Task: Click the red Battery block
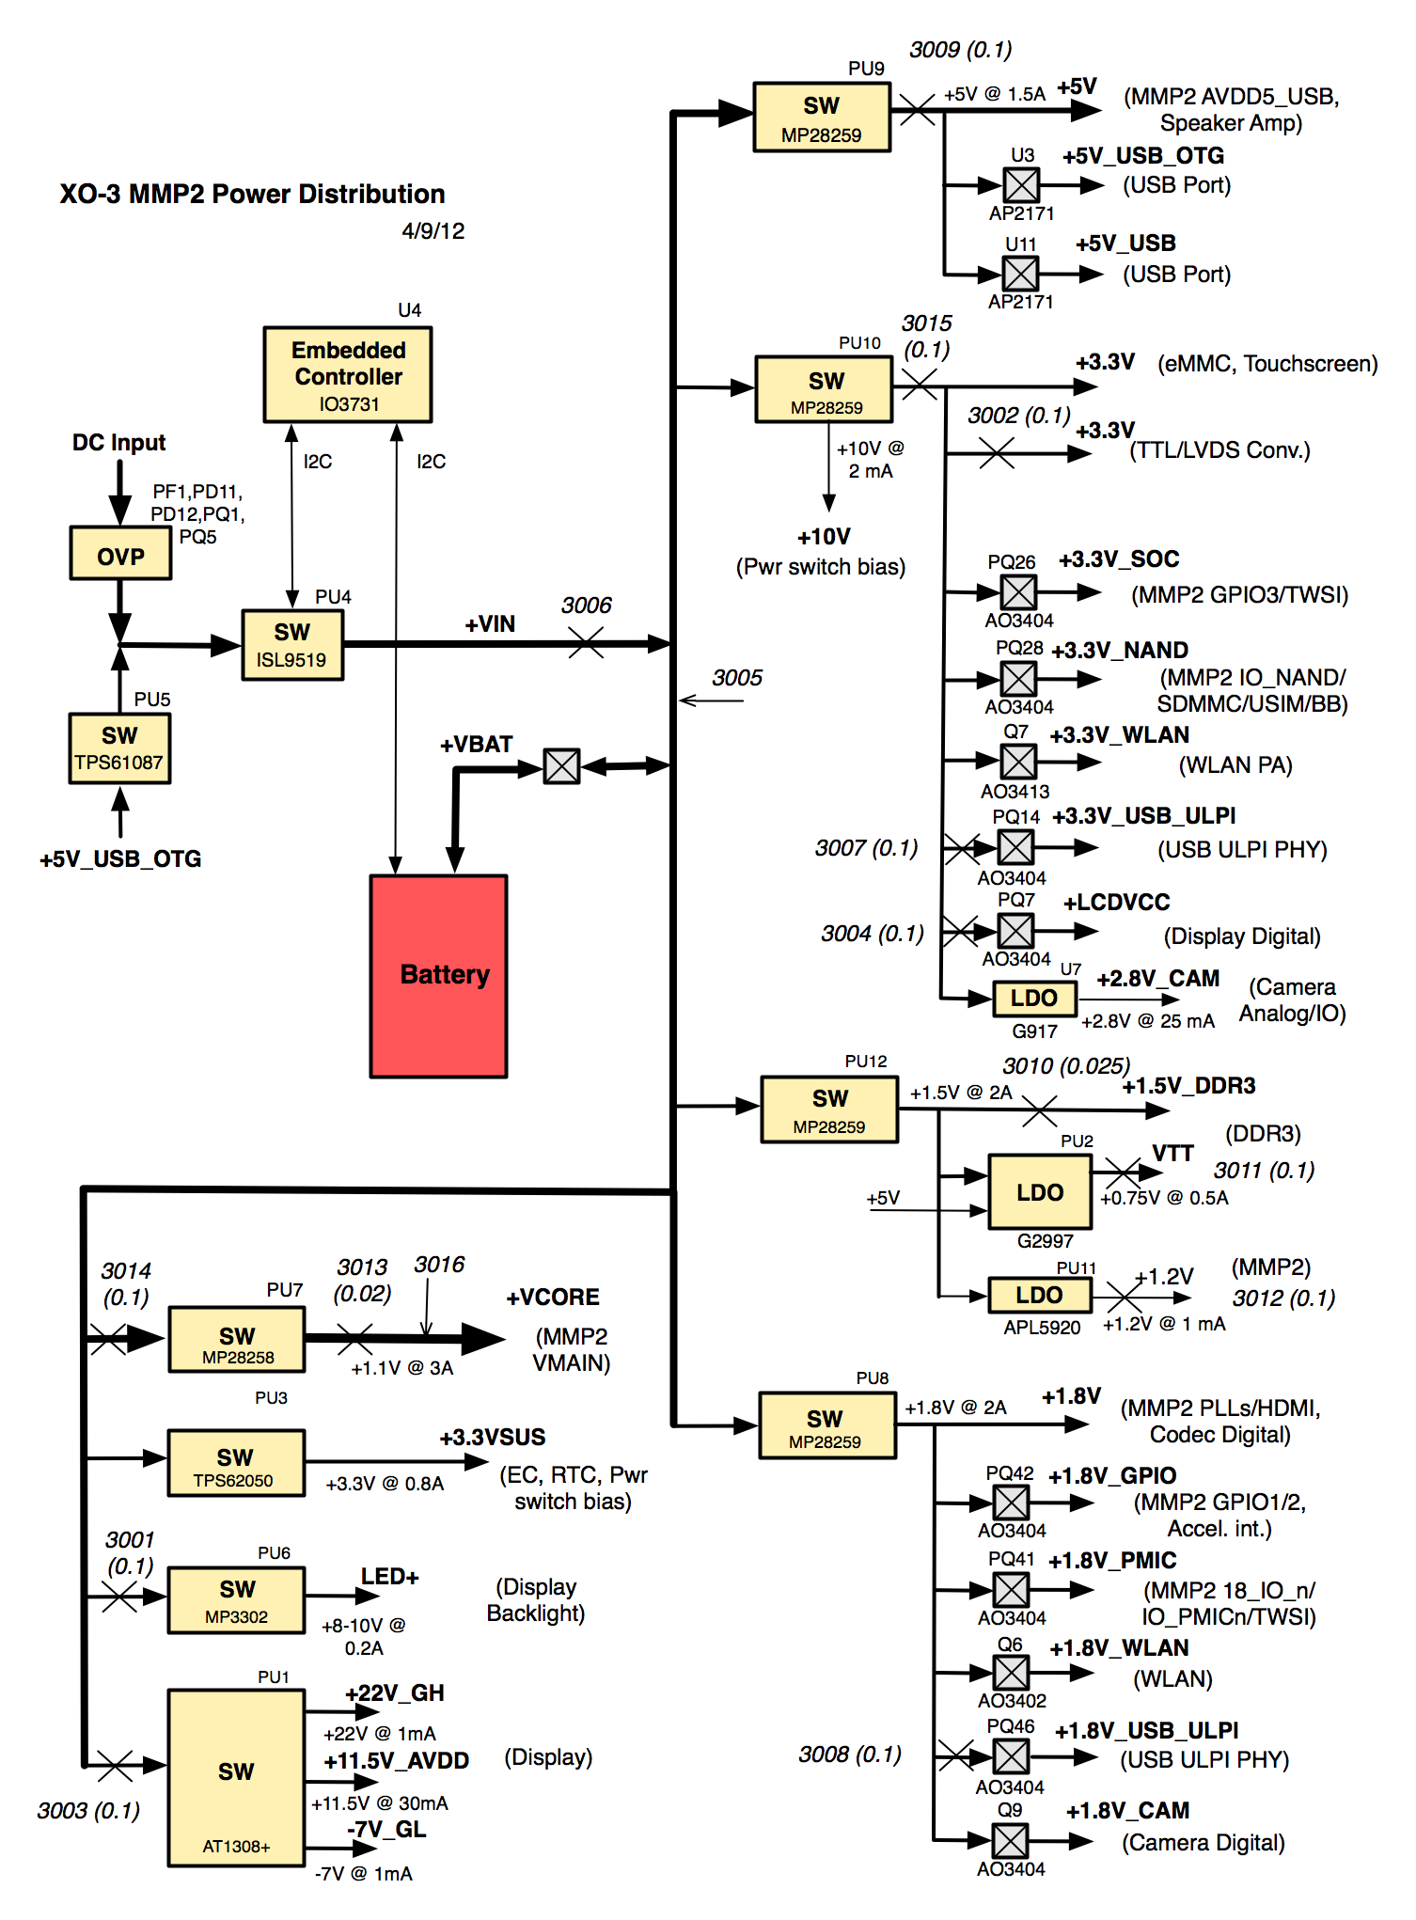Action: click(438, 976)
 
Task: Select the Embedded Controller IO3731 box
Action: click(348, 375)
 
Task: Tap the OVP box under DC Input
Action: click(120, 554)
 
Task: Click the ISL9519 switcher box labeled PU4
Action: click(292, 645)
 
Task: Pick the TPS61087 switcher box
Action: click(119, 748)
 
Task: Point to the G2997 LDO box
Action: click(1039, 1192)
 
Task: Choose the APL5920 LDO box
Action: click(1039, 1295)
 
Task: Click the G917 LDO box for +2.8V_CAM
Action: click(1034, 999)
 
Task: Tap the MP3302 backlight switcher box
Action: click(236, 1599)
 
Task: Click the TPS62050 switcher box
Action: click(236, 1463)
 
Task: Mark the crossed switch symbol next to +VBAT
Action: click(561, 766)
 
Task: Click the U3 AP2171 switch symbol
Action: click(1021, 185)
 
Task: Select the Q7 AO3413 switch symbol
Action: click(1018, 762)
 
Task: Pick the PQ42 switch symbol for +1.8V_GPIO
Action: click(1011, 1503)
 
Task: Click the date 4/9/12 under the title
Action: click(433, 231)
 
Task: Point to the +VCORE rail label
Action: click(553, 1298)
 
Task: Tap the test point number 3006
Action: click(587, 606)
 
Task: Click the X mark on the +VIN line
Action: click(586, 644)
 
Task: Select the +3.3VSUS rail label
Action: click(493, 1438)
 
